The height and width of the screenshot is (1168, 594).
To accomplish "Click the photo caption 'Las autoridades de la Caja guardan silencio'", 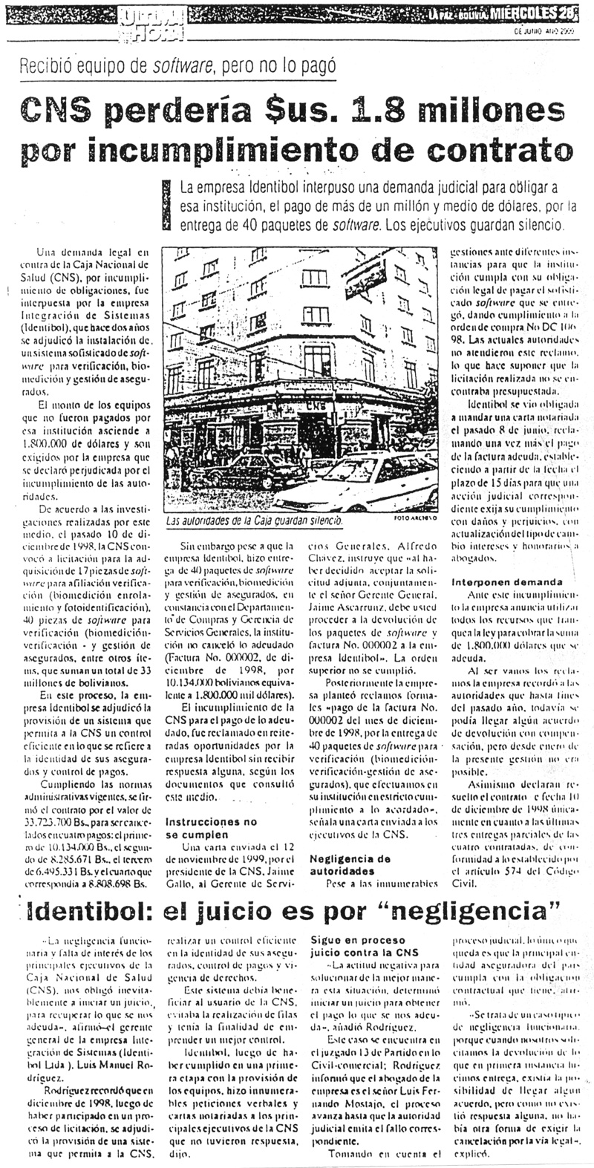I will click(256, 521).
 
